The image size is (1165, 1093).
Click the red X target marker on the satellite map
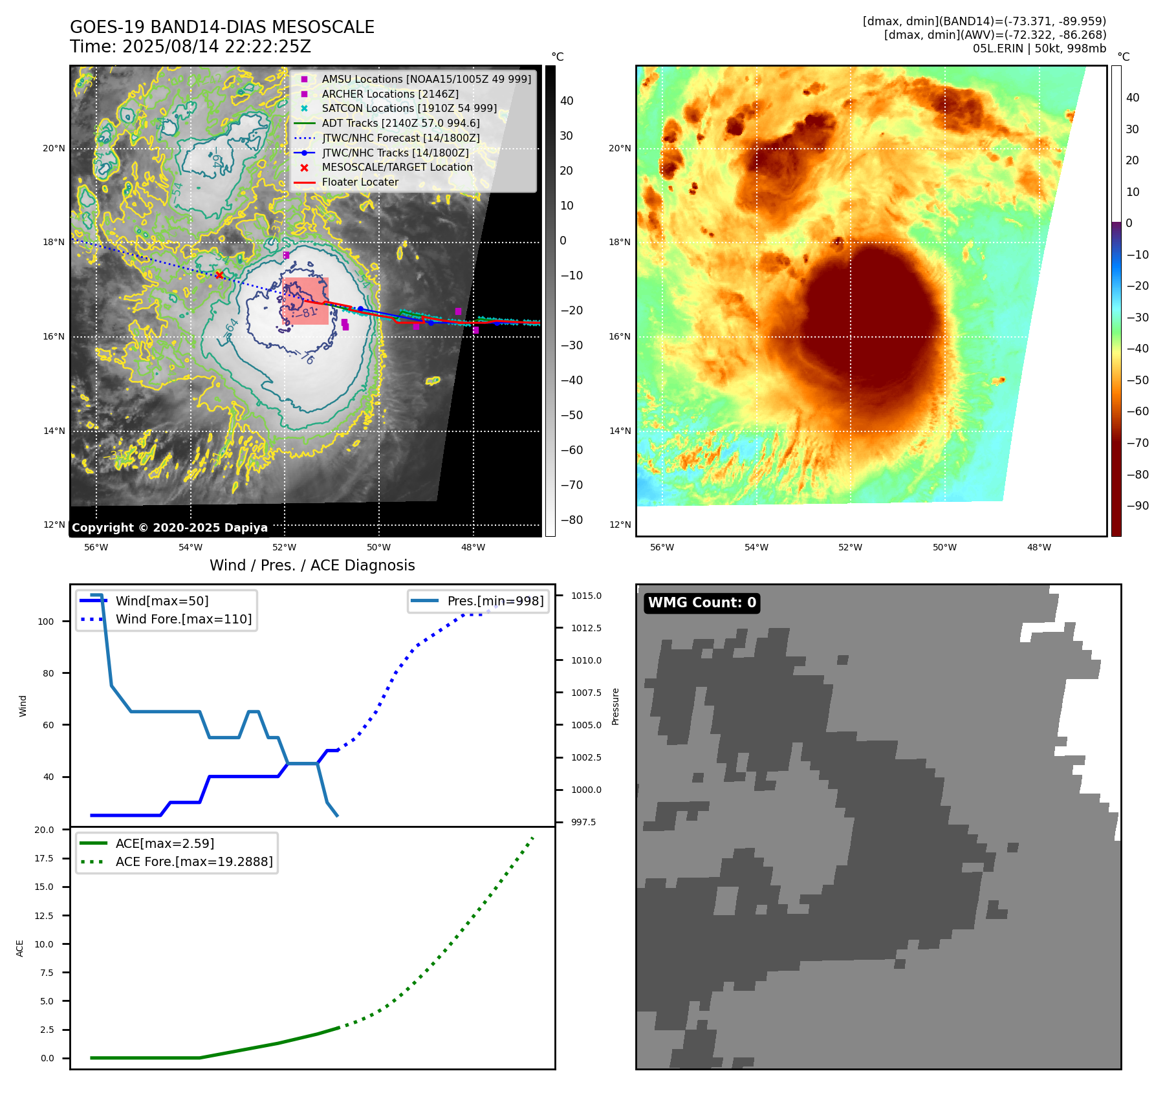pyautogui.click(x=219, y=276)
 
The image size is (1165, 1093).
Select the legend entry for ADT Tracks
pyautogui.click(x=400, y=123)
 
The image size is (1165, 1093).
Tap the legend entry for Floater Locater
pyautogui.click(x=360, y=182)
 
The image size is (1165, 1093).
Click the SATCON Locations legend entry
pyautogui.click(x=409, y=108)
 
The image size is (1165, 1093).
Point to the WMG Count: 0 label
pyautogui.click(x=702, y=603)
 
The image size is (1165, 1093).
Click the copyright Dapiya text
pyautogui.click(x=169, y=528)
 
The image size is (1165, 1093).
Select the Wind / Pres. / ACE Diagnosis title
pyautogui.click(x=312, y=565)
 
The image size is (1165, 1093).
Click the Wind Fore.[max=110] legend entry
pyautogui.click(x=183, y=619)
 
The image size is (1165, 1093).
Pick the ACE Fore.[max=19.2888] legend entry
pyautogui.click(x=193, y=861)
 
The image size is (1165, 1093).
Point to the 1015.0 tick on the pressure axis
pyautogui.click(x=586, y=596)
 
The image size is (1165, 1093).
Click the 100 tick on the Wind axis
pyautogui.click(x=46, y=622)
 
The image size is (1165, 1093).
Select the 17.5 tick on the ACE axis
pyautogui.click(x=44, y=858)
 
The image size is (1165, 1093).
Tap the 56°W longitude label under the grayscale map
pyautogui.click(x=96, y=547)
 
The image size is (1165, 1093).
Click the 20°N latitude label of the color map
pyautogui.click(x=619, y=149)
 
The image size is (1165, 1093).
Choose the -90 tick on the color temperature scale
pyautogui.click(x=1137, y=506)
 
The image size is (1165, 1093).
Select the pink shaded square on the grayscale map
pyautogui.click(x=305, y=301)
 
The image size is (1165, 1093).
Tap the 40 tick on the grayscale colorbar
pyautogui.click(x=567, y=101)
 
